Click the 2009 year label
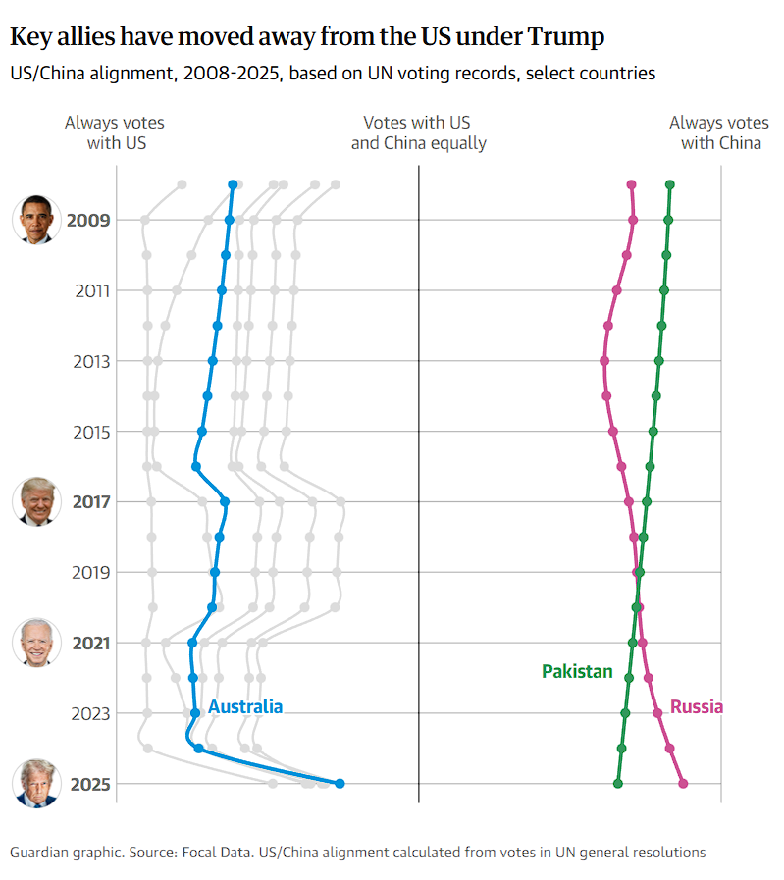pyautogui.click(x=88, y=220)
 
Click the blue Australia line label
pyautogui.click(x=245, y=706)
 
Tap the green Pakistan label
pyautogui.click(x=577, y=672)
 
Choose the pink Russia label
pyautogui.click(x=697, y=706)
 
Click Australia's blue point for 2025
pyautogui.click(x=340, y=783)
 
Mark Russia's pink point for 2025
pyautogui.click(x=683, y=783)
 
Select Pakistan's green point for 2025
pyautogui.click(x=618, y=783)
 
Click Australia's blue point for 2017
pyautogui.click(x=225, y=501)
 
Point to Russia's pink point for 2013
pyautogui.click(x=604, y=361)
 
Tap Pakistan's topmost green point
pyautogui.click(x=670, y=184)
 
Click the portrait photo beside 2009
pyautogui.click(x=36, y=219)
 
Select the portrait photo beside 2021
pyautogui.click(x=36, y=643)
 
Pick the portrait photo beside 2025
pyautogui.click(x=36, y=783)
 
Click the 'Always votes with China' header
pyautogui.click(x=719, y=132)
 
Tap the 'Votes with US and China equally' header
pyautogui.click(x=418, y=132)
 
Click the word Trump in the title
pyautogui.click(x=566, y=38)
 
